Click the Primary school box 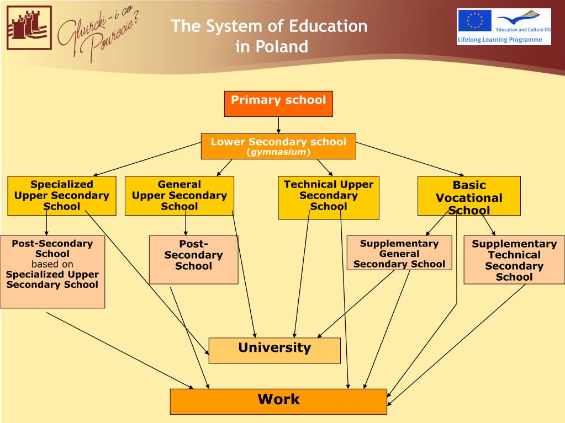tap(278, 103)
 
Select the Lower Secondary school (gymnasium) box tap(278, 146)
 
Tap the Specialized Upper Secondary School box tap(62, 195)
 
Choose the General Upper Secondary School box tap(179, 195)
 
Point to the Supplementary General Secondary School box tap(399, 253)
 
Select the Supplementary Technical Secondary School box tap(514, 260)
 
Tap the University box tap(274, 350)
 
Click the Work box tap(278, 401)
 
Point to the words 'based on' tap(52, 264)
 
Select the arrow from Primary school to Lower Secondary tap(278, 125)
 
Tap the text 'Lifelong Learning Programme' tap(492, 40)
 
